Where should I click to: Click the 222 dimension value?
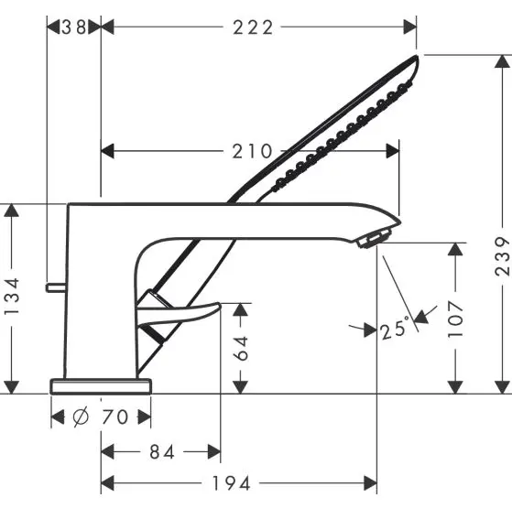pyautogui.click(x=253, y=27)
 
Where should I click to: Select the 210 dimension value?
pyautogui.click(x=253, y=151)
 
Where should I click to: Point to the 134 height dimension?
pyautogui.click(x=12, y=297)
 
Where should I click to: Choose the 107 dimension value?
pyautogui.click(x=456, y=318)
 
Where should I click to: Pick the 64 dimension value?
pyautogui.click(x=240, y=347)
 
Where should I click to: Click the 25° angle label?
pyautogui.click(x=393, y=330)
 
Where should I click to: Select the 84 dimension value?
pyautogui.click(x=161, y=451)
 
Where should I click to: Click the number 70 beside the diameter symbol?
pyautogui.click(x=114, y=418)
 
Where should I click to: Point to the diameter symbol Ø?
pyautogui.click(x=81, y=418)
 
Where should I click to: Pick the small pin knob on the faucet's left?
pyautogui.click(x=56, y=287)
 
